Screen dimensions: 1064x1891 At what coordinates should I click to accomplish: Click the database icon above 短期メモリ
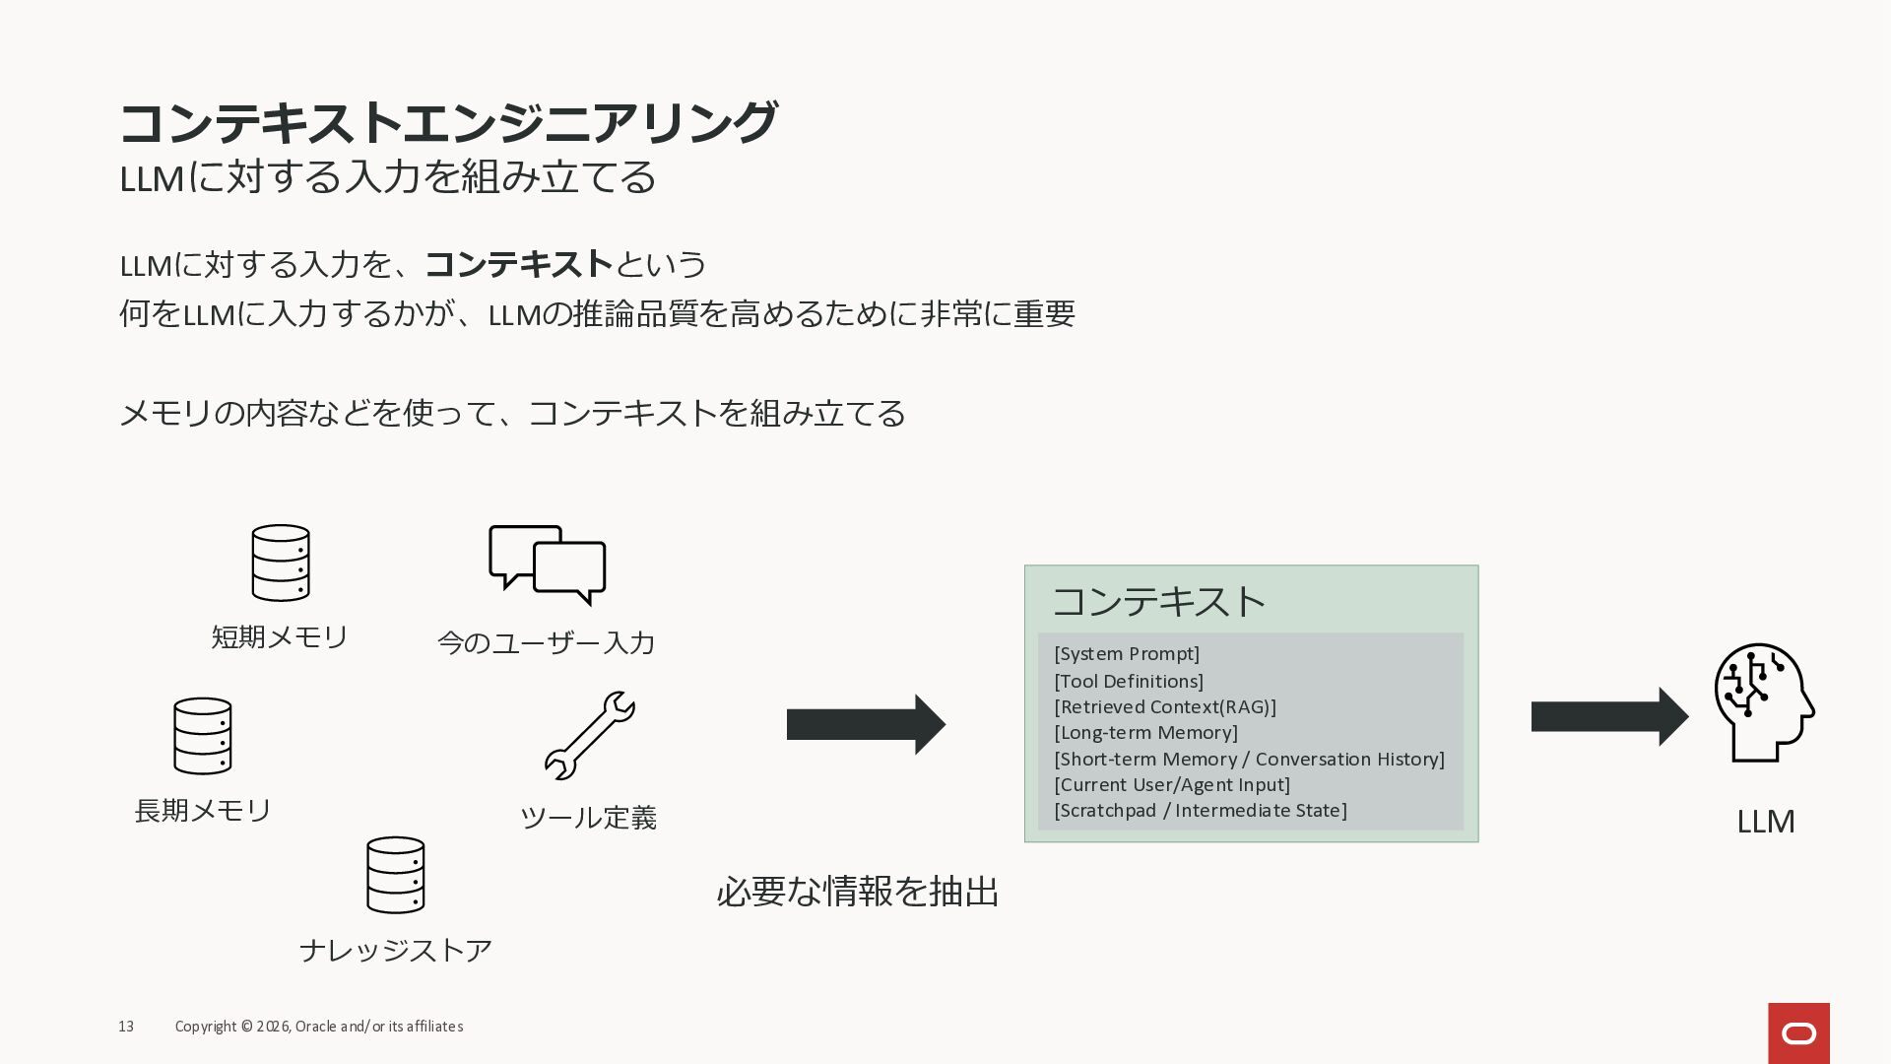coord(281,563)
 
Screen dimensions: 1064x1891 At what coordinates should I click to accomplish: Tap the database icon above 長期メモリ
coord(203,736)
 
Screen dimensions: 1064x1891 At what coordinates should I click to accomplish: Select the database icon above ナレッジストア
coord(396,875)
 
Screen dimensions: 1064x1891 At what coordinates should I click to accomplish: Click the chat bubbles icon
coord(548,565)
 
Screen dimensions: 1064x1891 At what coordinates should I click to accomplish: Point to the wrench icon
coord(590,735)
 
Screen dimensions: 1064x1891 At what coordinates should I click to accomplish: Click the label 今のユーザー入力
coord(547,643)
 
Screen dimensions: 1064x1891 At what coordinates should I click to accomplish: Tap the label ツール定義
coord(588,818)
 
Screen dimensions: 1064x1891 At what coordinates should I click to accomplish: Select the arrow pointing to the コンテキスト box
coord(866,725)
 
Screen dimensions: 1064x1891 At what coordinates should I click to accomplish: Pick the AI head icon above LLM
coord(1764,702)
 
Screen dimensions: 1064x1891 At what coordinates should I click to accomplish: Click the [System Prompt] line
coord(1127,654)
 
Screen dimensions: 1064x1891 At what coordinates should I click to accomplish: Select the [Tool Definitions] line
coord(1129,681)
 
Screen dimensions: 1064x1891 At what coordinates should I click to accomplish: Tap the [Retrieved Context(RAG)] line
coord(1165,707)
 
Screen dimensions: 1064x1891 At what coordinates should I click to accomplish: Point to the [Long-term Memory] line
coord(1145,733)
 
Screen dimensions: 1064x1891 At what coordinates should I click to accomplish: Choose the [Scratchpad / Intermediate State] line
coord(1201,811)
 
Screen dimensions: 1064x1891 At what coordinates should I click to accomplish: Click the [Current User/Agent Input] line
coord(1172,785)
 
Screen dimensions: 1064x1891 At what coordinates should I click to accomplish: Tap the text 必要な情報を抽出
coord(858,892)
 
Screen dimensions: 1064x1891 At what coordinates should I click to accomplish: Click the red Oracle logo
coord(1798,1033)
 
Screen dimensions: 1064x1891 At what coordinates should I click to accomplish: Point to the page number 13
coord(126,1027)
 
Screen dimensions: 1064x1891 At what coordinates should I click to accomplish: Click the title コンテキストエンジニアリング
coord(448,123)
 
